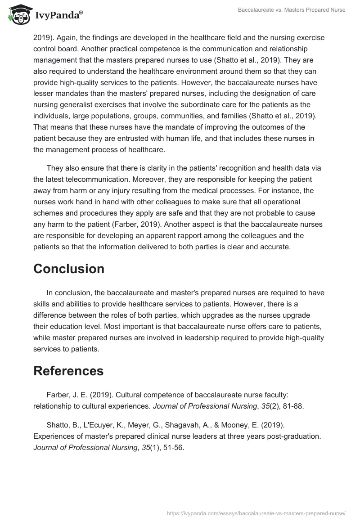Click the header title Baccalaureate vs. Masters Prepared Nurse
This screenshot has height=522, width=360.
point(291,10)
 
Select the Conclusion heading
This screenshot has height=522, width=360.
point(69,269)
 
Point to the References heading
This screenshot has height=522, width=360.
point(68,371)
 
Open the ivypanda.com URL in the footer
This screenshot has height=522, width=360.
point(256,513)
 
